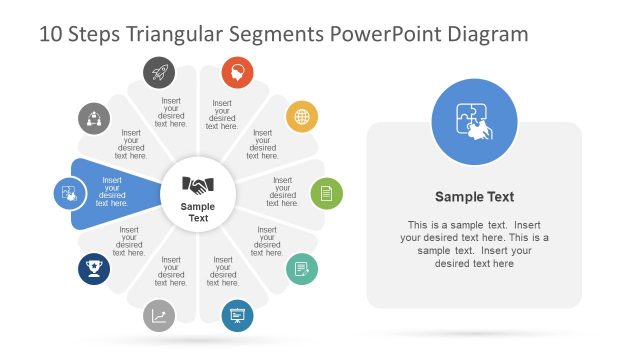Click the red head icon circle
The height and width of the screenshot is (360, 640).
(x=238, y=71)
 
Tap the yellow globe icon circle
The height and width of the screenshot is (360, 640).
(x=302, y=117)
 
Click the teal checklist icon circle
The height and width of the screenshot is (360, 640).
(x=302, y=269)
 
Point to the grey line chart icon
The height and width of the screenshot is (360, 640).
(x=159, y=316)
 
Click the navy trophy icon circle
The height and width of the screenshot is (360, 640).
(x=94, y=268)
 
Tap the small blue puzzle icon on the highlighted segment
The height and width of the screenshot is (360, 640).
(x=69, y=192)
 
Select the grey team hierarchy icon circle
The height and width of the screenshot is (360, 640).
(x=94, y=118)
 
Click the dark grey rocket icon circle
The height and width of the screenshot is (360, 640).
(x=158, y=71)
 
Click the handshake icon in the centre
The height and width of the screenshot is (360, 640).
(x=198, y=185)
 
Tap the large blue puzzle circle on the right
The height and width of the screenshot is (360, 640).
(x=474, y=123)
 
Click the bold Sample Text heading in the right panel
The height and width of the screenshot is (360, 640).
(x=474, y=197)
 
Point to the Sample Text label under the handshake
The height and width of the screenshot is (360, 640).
(x=198, y=212)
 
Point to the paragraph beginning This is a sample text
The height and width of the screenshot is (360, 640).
(x=474, y=244)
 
